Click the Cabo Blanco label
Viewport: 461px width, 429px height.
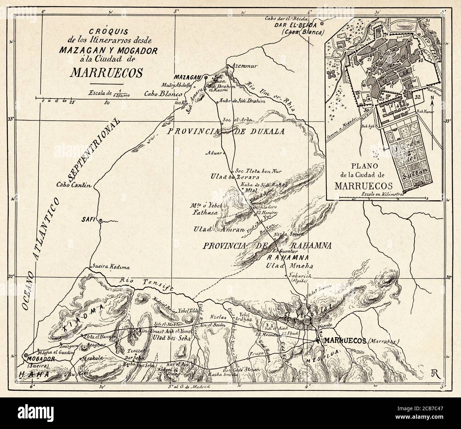(163, 94)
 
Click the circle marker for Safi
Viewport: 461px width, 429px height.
(101, 221)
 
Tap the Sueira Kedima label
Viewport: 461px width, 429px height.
(106, 267)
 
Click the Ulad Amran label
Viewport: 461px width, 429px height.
(219, 229)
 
